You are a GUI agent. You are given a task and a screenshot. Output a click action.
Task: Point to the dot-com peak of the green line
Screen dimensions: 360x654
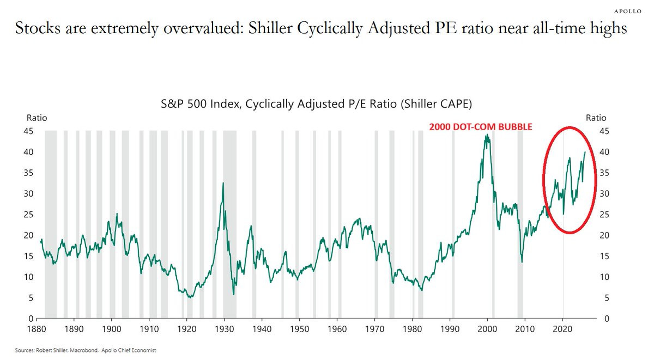(x=486, y=135)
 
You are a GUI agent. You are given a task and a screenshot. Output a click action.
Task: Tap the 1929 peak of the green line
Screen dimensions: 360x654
(x=223, y=183)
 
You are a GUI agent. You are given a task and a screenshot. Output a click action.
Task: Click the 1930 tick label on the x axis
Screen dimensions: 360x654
(x=223, y=329)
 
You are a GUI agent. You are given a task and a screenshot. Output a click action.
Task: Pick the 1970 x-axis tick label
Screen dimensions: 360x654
(x=374, y=329)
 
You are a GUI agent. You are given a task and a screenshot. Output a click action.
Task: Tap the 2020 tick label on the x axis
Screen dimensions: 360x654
(x=562, y=329)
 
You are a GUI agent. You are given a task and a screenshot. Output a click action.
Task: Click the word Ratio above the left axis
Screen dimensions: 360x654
(x=37, y=117)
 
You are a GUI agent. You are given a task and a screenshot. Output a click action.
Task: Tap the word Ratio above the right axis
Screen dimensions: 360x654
(x=596, y=117)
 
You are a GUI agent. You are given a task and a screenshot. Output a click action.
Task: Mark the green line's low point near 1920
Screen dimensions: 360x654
(x=190, y=297)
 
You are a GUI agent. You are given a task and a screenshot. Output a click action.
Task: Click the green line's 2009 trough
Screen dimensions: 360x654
(x=522, y=262)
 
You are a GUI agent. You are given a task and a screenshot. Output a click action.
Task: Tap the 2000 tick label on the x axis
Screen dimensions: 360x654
(x=487, y=329)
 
